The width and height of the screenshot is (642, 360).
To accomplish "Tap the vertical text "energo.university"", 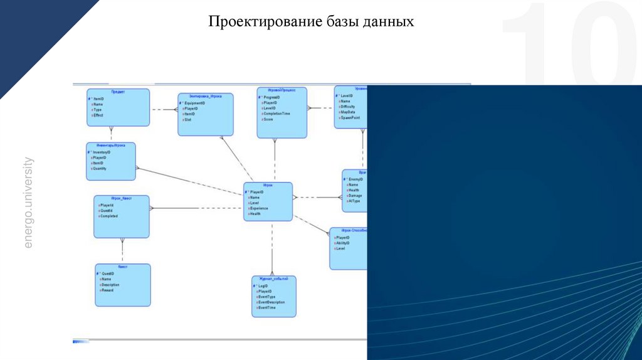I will (28, 203).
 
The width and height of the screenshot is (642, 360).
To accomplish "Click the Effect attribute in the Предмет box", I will (98, 116).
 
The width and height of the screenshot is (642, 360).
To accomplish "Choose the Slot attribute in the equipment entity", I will (187, 120).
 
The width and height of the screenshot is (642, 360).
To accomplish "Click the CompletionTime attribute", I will (276, 114).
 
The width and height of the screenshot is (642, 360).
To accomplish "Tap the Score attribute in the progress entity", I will (268, 119).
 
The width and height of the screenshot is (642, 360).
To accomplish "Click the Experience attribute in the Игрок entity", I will (259, 208).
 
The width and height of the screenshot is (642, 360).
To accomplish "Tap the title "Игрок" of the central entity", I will (268, 186).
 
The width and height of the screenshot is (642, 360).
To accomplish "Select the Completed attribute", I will (108, 216).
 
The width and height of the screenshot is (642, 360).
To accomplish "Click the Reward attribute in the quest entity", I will (107, 290).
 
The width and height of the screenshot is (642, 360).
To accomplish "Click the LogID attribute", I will (263, 286).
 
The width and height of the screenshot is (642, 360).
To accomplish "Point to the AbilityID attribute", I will (346, 243).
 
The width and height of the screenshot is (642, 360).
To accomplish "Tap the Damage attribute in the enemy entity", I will (355, 196).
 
